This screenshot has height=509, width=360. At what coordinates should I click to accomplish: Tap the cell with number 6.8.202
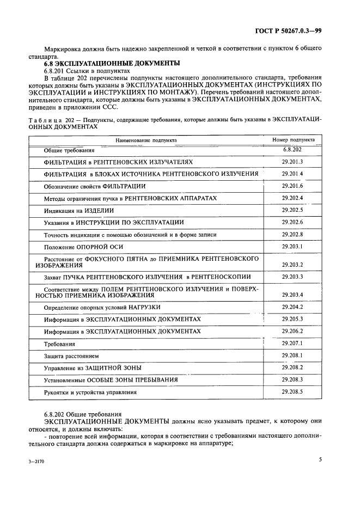292,149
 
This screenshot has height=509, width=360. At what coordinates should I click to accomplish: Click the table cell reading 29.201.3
292,162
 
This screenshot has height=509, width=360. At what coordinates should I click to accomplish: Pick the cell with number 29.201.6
292,186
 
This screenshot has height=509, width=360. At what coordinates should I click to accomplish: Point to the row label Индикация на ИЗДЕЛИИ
79,210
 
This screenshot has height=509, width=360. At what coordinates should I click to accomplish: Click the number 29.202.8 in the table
292,234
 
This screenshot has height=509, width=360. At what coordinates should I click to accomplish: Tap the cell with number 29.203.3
292,277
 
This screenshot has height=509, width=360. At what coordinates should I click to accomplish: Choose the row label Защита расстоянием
71,356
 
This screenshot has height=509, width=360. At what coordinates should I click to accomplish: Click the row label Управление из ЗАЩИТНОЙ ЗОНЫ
90,368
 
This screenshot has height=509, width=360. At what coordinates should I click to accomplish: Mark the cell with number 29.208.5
292,391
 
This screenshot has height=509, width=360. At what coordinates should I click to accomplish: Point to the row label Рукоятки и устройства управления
90,392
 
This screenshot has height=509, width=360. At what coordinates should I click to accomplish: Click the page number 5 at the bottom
320,459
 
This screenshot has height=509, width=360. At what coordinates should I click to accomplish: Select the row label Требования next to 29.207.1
59,344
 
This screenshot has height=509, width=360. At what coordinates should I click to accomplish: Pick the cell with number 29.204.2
292,307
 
